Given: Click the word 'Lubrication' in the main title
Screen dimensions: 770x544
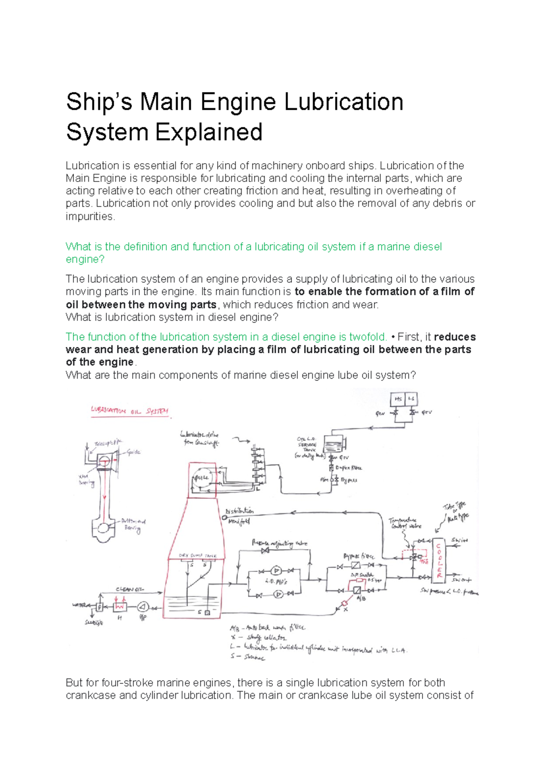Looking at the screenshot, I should coord(344,102).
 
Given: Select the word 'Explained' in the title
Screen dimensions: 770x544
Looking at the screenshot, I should coord(209,132).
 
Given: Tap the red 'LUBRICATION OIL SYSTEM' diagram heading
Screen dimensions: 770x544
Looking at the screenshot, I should coord(130,411).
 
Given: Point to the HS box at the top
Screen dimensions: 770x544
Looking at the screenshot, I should coord(398,399).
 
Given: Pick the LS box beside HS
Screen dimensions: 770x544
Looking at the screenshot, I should coord(411,399).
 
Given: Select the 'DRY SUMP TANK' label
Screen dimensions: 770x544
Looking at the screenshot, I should coord(198,556).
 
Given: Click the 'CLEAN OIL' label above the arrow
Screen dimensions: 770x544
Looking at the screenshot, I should coord(130,589).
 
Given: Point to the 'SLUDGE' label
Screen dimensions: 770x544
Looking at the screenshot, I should coord(94,623).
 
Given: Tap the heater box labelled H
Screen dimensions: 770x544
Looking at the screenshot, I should coord(120,606).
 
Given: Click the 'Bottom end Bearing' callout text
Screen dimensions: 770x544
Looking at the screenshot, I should coord(133,525).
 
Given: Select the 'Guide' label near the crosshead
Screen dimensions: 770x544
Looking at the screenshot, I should coord(133,452).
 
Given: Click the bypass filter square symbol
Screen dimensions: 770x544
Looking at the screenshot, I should coord(356,565).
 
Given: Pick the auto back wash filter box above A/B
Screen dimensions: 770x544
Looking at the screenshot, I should coord(357,590).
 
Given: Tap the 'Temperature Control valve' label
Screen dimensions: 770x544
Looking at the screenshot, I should coord(405,523).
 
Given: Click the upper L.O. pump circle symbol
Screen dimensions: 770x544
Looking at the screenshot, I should coord(276,571).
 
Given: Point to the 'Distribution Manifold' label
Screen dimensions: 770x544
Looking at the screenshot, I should coord(239,516).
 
